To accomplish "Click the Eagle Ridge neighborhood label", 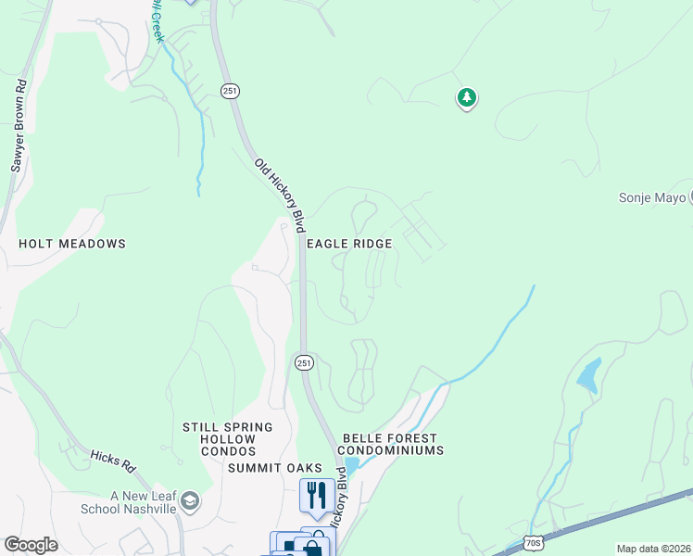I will pos(349,244).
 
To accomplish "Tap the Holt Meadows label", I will pos(71,244).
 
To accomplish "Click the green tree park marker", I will pos(467,97).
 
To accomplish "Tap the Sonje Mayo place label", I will pos(652,197).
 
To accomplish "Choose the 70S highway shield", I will pos(532,541).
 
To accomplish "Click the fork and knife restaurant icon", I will pos(317,496).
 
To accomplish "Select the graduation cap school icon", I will pos(190,501).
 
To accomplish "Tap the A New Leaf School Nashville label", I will pos(143,502).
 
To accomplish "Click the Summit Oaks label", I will pos(275,468).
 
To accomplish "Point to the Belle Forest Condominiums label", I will pos(393,444).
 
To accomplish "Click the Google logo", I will pos(31,545).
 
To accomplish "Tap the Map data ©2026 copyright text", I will pos(653,549).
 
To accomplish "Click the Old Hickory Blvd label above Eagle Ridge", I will pos(281,195).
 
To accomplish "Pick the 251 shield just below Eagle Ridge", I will pos(304,362).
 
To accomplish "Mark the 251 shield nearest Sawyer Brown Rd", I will pos(230,90).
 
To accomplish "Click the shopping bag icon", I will pos(313,548).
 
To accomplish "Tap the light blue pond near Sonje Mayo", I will pos(587,374).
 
